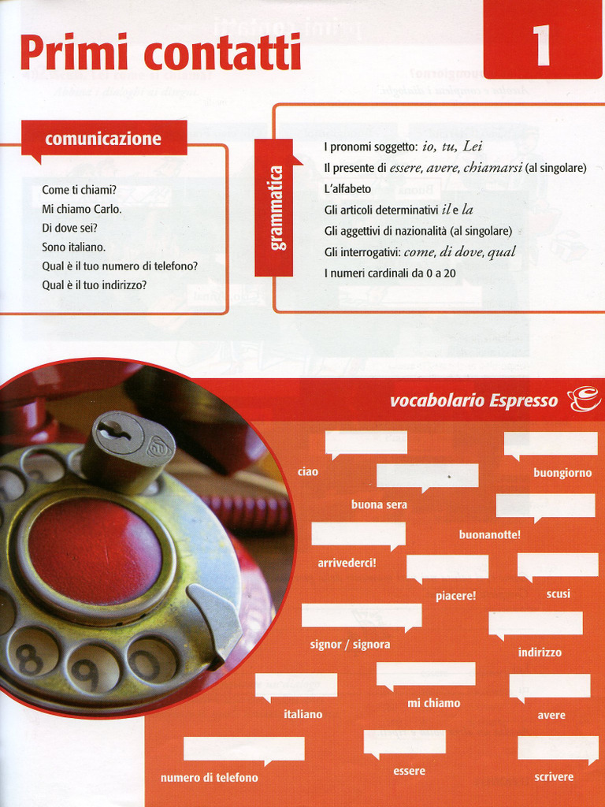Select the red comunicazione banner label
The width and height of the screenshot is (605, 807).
click(x=103, y=139)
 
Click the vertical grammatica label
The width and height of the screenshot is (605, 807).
click(x=277, y=207)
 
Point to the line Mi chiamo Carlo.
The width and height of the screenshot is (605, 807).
click(x=82, y=210)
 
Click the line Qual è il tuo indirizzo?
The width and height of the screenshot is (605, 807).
click(x=95, y=285)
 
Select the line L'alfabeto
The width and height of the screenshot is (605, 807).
click(x=347, y=189)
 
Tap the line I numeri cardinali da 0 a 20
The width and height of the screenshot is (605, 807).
click(x=390, y=273)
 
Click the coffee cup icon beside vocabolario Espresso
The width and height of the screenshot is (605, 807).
click(x=583, y=400)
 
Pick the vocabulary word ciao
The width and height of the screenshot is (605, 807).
click(x=308, y=471)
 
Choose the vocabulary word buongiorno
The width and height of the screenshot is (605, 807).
click(x=562, y=474)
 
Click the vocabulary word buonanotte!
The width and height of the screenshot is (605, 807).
click(x=489, y=534)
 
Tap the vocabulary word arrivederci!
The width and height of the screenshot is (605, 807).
click(x=347, y=563)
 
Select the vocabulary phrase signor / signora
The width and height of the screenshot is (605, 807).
click(x=350, y=645)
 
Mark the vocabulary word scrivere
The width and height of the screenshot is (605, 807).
click(x=554, y=777)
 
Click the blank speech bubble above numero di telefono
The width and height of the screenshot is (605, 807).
click(x=243, y=749)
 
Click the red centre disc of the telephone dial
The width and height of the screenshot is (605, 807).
click(x=95, y=551)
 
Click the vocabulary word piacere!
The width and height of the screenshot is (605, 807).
click(x=455, y=596)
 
